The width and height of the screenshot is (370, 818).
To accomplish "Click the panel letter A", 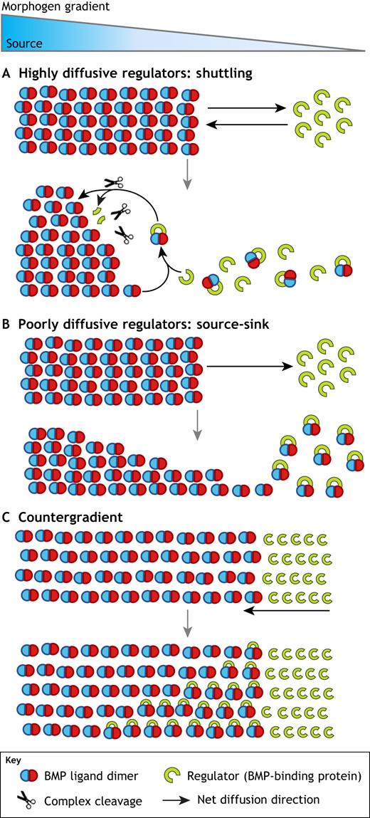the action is (x=8, y=73).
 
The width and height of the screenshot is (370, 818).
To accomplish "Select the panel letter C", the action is (x=7, y=518).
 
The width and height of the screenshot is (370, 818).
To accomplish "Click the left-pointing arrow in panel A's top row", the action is (x=248, y=124).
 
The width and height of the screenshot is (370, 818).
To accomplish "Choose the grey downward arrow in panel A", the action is (x=186, y=174).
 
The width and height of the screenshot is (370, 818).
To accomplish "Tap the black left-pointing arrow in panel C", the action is (x=287, y=610).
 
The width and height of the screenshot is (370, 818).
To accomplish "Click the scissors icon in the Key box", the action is (x=27, y=798).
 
